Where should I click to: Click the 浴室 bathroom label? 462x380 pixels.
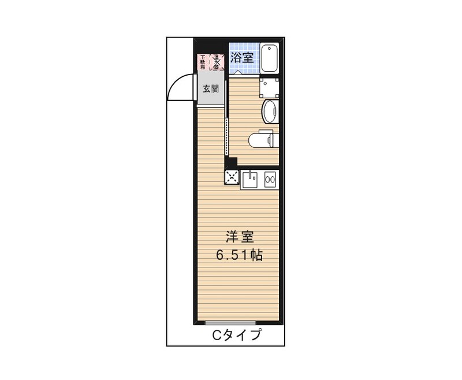click(x=242, y=57)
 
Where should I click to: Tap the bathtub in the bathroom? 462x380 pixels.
click(x=270, y=58)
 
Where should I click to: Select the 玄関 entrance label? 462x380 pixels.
click(x=210, y=89)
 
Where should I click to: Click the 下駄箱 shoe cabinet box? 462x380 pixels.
click(x=203, y=62)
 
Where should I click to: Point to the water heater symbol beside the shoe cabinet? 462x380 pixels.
click(x=217, y=62)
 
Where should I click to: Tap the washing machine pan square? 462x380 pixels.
click(x=270, y=87)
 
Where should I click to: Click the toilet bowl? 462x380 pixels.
click(x=259, y=139)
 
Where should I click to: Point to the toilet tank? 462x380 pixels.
click(x=275, y=139)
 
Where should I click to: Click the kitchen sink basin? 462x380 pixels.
click(x=250, y=179)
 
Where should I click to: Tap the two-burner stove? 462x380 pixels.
click(x=270, y=180)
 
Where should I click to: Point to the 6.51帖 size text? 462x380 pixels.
click(x=240, y=255)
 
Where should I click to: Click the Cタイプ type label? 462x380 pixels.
click(x=236, y=335)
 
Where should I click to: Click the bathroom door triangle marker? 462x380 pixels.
click(x=237, y=72)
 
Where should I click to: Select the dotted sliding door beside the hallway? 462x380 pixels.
click(x=228, y=136)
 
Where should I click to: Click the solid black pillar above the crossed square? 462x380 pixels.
click(x=232, y=163)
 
